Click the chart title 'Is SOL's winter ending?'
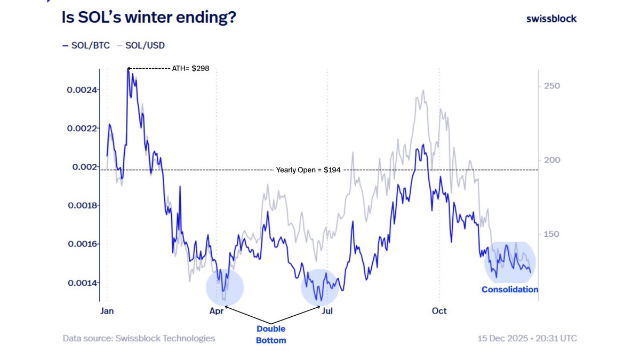pyautogui.click(x=149, y=18)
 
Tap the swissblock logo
pyautogui.click(x=551, y=18)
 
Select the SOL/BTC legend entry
pyautogui.click(x=86, y=45)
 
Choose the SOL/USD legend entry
pyautogui.click(x=142, y=45)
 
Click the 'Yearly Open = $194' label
pyautogui.click(x=308, y=170)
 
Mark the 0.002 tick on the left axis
pyautogui.click(x=85, y=167)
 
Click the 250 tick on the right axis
pyautogui.click(x=551, y=86)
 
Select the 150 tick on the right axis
pyautogui.click(x=551, y=235)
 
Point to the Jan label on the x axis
pyautogui.click(x=107, y=311)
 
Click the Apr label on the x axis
pyautogui.click(x=217, y=311)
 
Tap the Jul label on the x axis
pyautogui.click(x=327, y=311)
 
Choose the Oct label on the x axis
pyautogui.click(x=439, y=311)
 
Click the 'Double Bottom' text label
pyautogui.click(x=271, y=334)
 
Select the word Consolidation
pyautogui.click(x=510, y=290)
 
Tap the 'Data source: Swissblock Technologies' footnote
pyautogui.click(x=139, y=339)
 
